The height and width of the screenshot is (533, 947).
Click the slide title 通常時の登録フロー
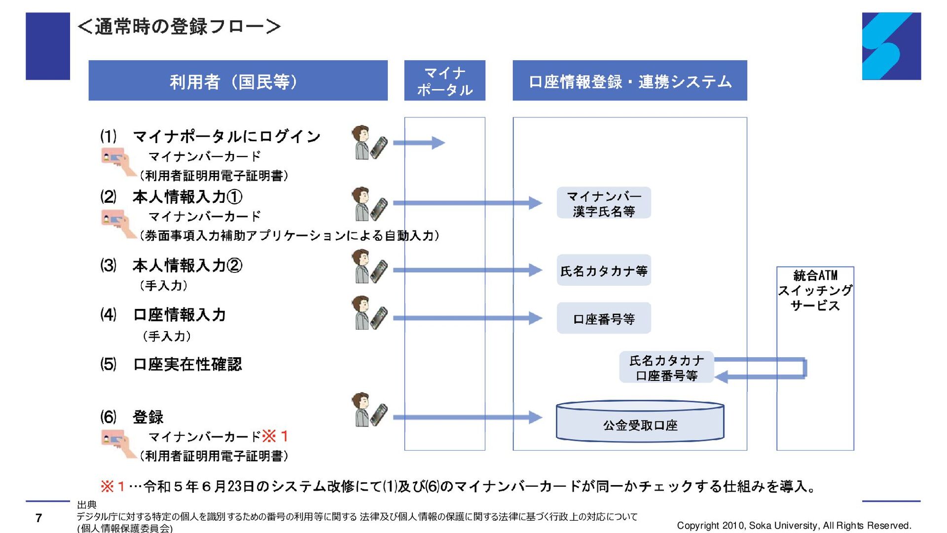coord(180,26)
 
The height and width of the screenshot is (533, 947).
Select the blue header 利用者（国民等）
coord(238,80)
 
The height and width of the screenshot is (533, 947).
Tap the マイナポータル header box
coord(444,80)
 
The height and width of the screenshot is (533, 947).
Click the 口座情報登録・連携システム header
coord(630,80)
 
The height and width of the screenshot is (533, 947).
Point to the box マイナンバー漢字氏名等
coord(604,203)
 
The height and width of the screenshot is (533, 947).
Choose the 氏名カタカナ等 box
coord(604,270)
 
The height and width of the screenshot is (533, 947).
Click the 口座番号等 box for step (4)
coord(604,318)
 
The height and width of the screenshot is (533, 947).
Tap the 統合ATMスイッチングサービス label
coord(815,290)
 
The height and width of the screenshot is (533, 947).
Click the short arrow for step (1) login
coord(419,143)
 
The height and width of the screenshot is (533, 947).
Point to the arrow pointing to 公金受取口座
coord(468,417)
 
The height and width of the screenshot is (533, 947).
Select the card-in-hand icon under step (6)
coord(118,443)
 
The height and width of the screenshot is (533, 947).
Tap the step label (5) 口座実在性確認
coord(171,364)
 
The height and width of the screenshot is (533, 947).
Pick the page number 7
coord(38,518)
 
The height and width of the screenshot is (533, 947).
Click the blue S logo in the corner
coord(891,46)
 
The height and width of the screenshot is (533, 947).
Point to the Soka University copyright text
coord(794,526)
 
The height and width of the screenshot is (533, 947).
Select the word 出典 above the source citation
coord(87,504)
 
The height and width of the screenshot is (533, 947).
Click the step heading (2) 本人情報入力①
coord(171,197)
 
